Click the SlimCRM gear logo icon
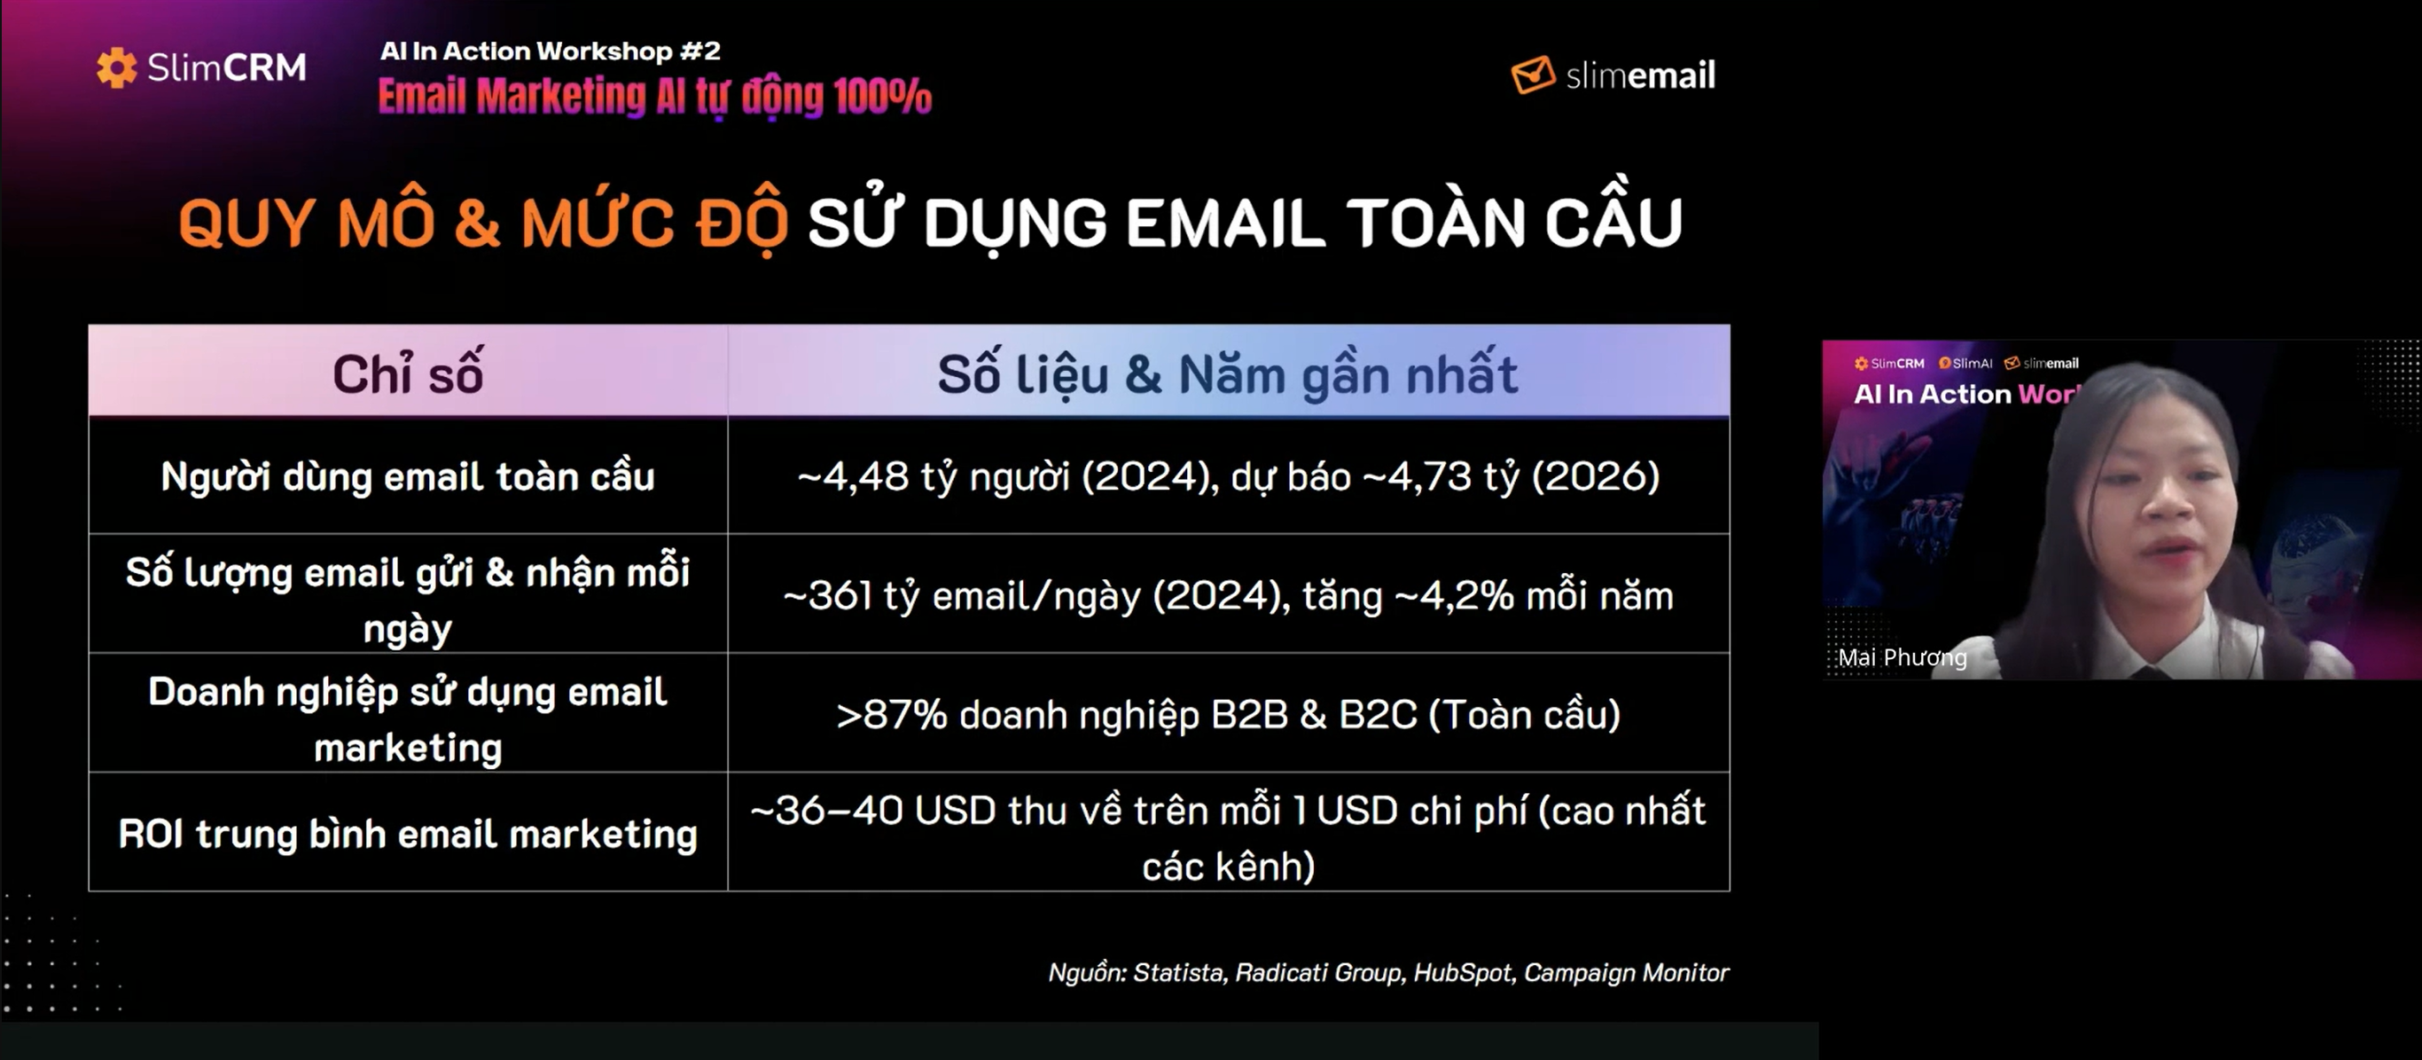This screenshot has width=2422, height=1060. [x=117, y=67]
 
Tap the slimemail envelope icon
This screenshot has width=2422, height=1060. [x=1533, y=75]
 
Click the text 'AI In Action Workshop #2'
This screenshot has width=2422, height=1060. [x=550, y=51]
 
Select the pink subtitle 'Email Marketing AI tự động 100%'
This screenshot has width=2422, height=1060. [x=654, y=97]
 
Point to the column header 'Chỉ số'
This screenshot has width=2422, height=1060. [x=408, y=373]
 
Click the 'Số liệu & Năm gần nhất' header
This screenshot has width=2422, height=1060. [x=1228, y=374]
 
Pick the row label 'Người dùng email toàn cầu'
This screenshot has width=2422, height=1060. [x=408, y=476]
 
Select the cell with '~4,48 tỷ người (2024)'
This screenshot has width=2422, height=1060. [x=1228, y=476]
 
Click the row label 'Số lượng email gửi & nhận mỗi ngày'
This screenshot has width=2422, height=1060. [x=408, y=599]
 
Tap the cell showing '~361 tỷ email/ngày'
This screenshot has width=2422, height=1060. [x=1228, y=595]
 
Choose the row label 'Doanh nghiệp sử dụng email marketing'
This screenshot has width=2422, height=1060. [x=408, y=718]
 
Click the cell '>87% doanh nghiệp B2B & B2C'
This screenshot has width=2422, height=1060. [x=1228, y=715]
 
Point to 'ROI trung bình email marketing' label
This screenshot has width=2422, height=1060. [x=408, y=833]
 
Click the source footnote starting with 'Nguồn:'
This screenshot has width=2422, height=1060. [x=1387, y=972]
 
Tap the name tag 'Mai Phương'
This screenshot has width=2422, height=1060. [x=1902, y=657]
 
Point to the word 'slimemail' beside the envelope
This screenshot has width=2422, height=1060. [x=1641, y=75]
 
